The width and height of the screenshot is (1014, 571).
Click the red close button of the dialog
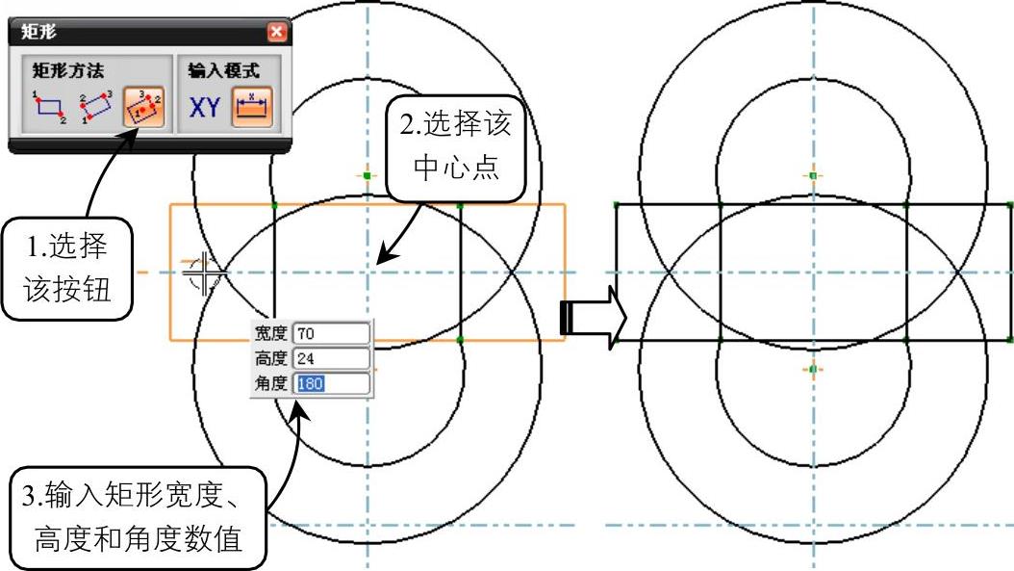point(277,32)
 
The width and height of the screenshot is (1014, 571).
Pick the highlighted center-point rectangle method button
point(142,108)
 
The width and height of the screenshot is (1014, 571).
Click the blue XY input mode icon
point(204,108)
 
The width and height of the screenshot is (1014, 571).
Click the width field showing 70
point(332,334)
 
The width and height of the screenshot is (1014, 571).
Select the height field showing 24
point(332,358)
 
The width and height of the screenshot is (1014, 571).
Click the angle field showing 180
point(332,383)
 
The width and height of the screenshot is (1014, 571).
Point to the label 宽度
point(270,334)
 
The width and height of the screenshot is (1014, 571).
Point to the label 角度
point(270,383)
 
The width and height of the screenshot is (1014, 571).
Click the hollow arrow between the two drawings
point(592,317)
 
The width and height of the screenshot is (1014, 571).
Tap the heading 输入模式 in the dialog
point(223,70)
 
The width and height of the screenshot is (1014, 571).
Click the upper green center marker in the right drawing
point(813,176)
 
